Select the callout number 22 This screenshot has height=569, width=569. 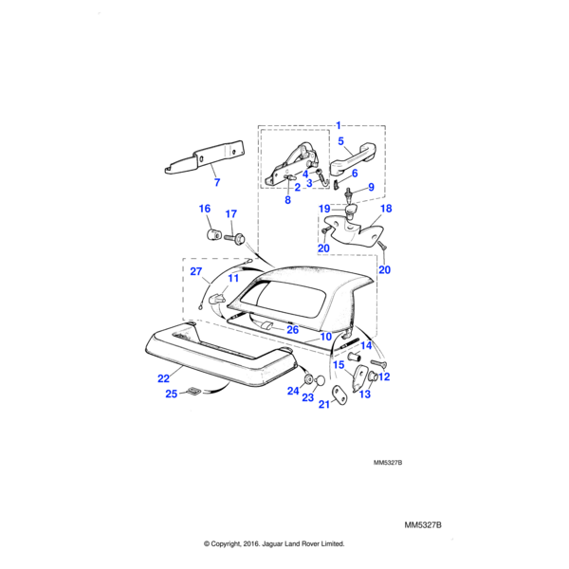pyautogui.click(x=163, y=376)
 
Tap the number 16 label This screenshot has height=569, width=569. pyautogui.click(x=204, y=209)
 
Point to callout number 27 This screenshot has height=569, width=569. pyautogui.click(x=196, y=272)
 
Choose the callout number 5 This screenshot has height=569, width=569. pyautogui.click(x=340, y=140)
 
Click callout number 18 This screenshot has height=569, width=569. pyautogui.click(x=386, y=208)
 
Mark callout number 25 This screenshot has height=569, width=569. pyautogui.click(x=171, y=394)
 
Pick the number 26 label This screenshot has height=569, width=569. pyautogui.click(x=293, y=330)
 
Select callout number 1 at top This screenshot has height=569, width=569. pyautogui.click(x=339, y=125)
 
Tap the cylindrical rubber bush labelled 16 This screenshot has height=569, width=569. pyautogui.click(x=214, y=233)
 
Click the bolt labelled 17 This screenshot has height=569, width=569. pyautogui.click(x=238, y=237)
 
